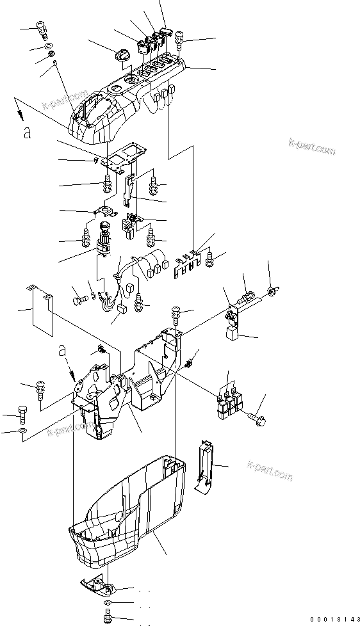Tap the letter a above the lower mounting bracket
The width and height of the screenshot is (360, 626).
point(61,351)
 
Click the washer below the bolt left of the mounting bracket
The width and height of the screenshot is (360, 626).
point(23,433)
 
